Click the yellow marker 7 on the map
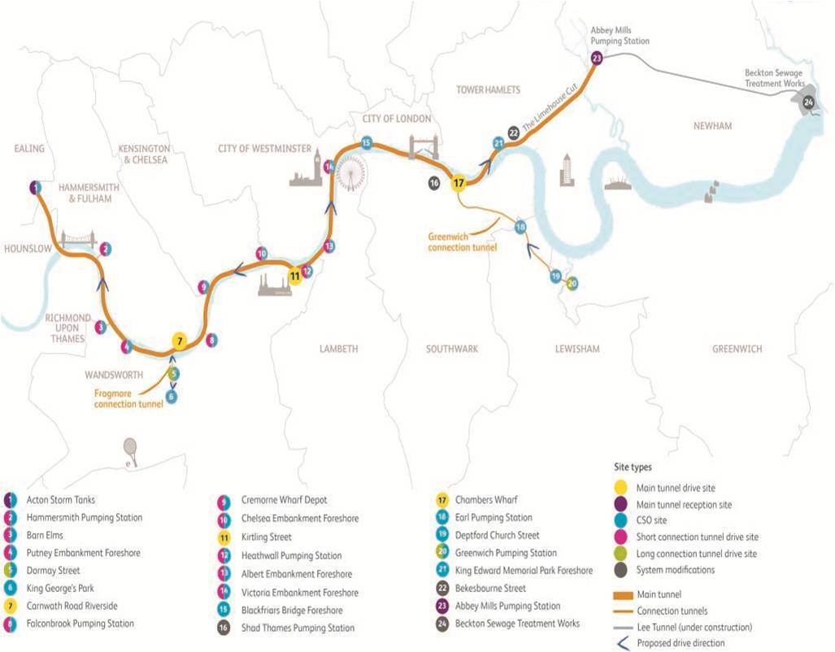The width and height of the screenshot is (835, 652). point(180,341)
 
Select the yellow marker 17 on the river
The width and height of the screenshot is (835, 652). point(460,183)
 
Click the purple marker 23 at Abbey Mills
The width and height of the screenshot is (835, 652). point(597,58)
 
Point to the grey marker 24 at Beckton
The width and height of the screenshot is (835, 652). point(808,102)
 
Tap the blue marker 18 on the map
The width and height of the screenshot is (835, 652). point(520,226)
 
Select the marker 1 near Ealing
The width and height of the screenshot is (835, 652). point(34,187)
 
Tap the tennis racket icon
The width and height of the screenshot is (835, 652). point(130,449)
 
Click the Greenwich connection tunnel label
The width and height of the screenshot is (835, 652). point(462,241)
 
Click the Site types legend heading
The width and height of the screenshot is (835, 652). point(634,468)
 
